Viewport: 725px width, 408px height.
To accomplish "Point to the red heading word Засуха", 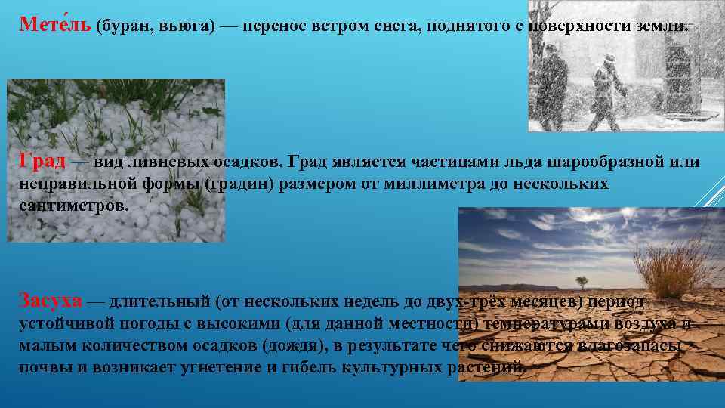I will tap(50, 301).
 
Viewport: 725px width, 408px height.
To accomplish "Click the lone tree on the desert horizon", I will tap(581, 282).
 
